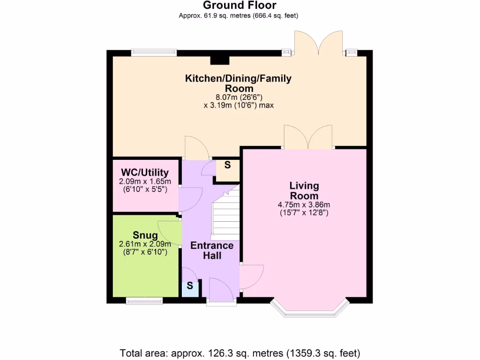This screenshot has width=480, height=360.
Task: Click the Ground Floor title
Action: (240, 5)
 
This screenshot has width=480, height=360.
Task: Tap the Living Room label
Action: (304, 190)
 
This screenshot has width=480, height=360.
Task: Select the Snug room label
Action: (145, 235)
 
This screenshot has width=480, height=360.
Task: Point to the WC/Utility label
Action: (145, 172)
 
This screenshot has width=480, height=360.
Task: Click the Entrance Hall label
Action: (212, 250)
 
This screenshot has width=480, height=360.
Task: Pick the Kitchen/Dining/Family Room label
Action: (238, 83)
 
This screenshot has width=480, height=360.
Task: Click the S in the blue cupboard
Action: (190, 285)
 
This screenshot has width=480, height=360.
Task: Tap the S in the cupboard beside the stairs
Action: (227, 165)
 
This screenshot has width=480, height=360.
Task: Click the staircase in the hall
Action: (225, 214)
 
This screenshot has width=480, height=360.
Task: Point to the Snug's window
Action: (144, 301)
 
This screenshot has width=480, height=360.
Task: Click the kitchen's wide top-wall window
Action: (154, 52)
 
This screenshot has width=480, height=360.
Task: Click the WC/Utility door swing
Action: (190, 199)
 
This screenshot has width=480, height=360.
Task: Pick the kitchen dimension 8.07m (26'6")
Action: (239, 97)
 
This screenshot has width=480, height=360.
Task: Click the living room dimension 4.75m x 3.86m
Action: (304, 205)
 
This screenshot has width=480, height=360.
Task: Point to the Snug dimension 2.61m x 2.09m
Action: (145, 244)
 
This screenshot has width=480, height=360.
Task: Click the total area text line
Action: (240, 353)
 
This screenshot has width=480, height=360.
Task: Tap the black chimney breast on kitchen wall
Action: (220, 60)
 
